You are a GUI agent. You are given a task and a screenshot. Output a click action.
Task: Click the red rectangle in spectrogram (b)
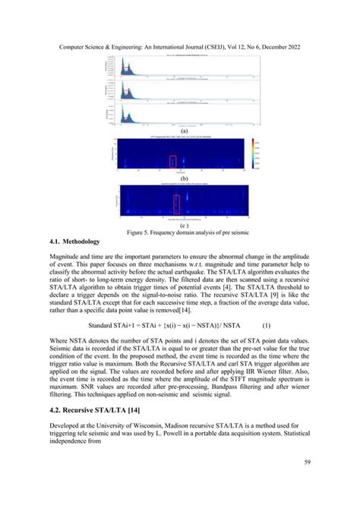point(172,161)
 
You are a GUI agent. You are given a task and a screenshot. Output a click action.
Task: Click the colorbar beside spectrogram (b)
point(250,154)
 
